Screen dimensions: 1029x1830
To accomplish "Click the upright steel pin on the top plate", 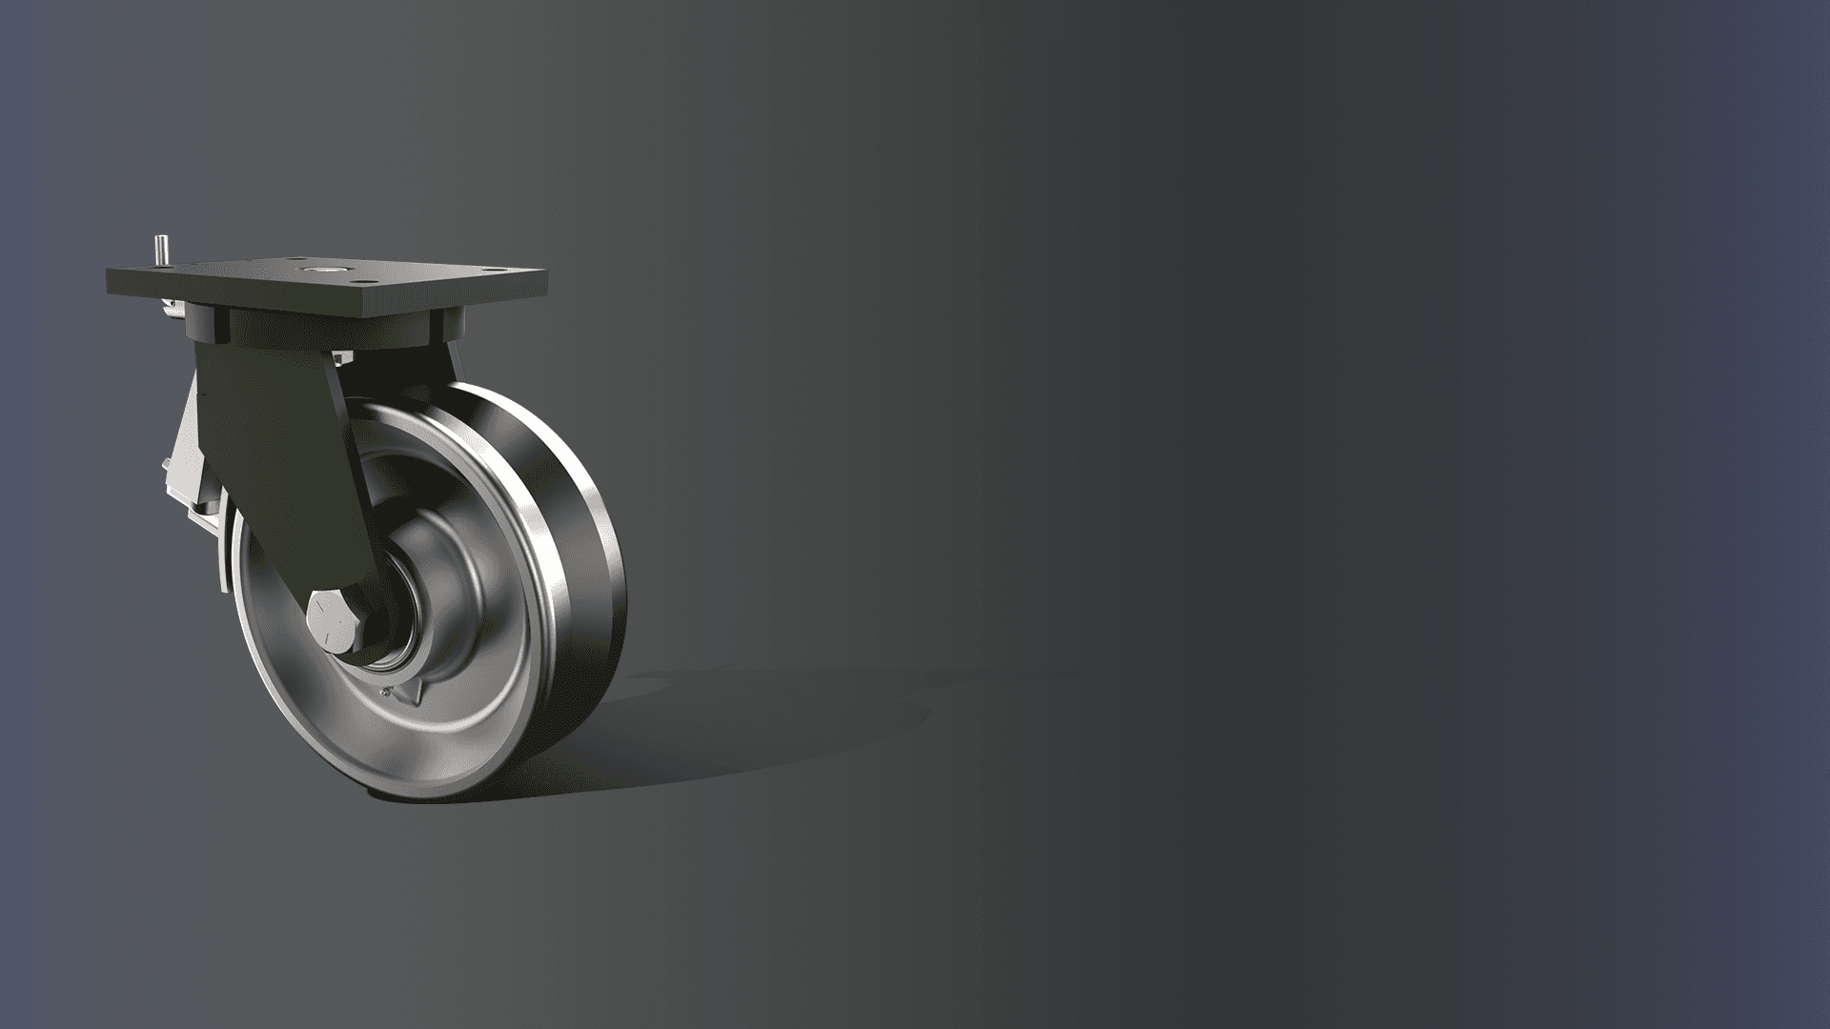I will click(161, 250).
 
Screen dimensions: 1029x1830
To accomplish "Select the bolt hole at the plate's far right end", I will click(495, 270).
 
